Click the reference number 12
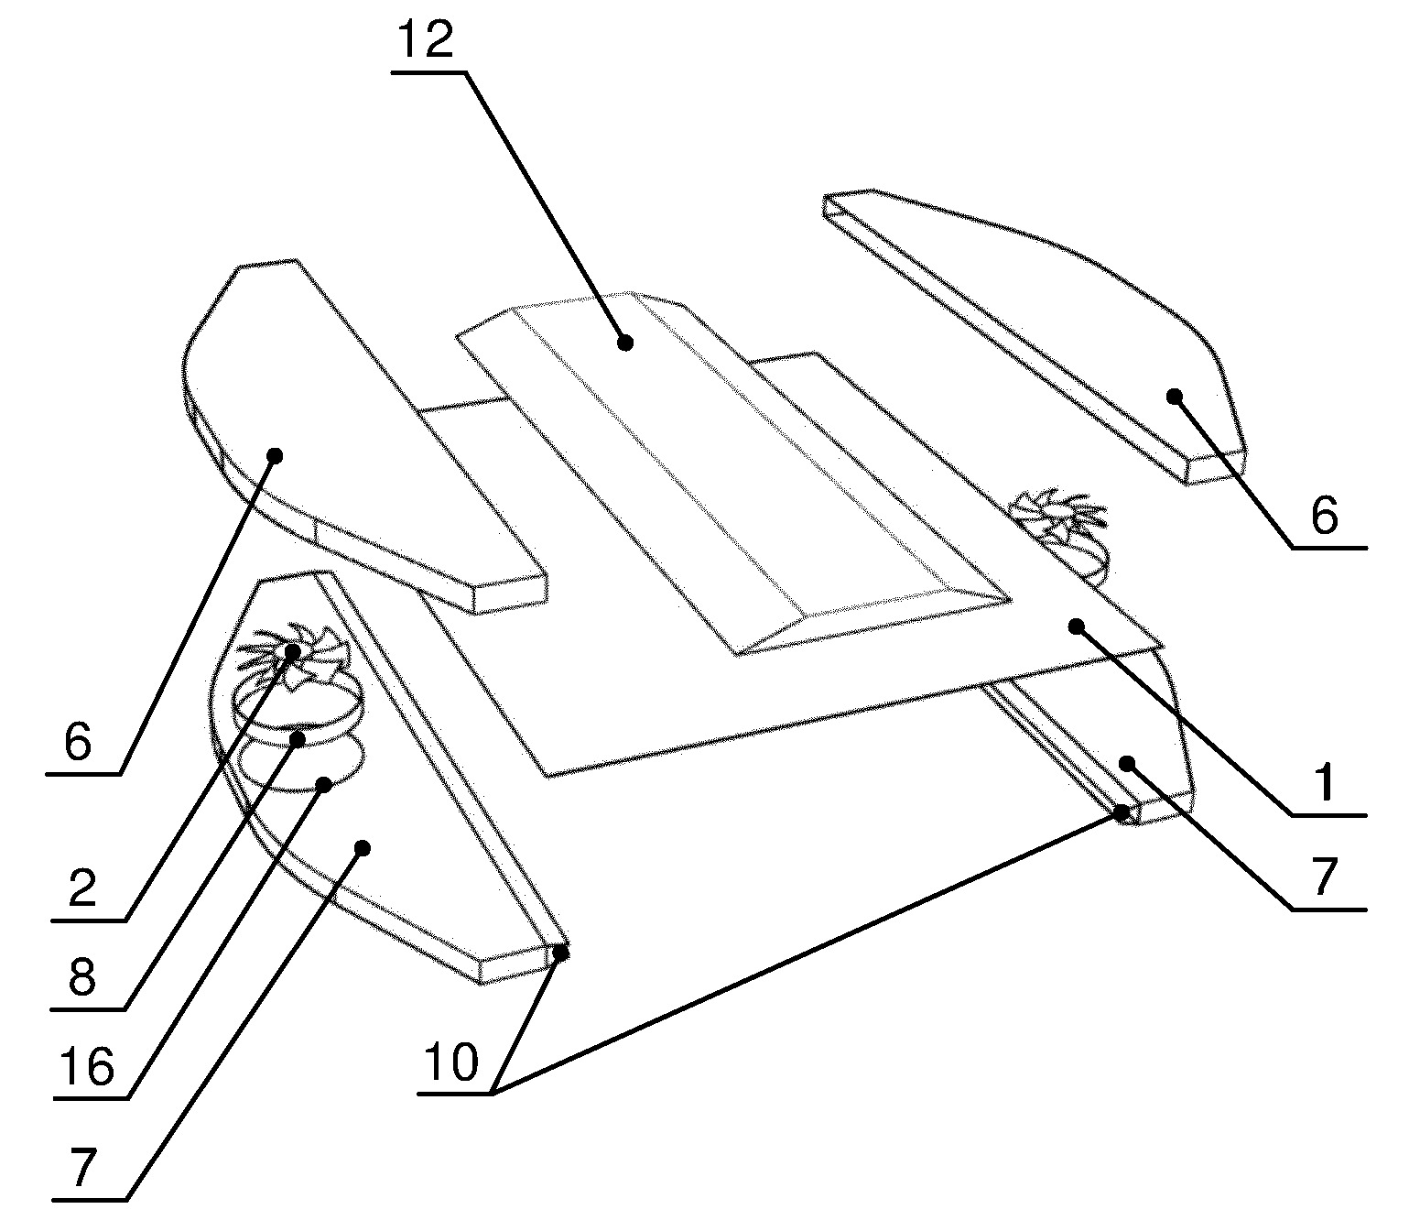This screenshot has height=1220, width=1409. (x=426, y=38)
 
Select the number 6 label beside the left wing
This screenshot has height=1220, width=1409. (x=78, y=742)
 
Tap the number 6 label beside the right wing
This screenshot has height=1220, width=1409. (x=1325, y=516)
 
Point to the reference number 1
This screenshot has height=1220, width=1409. (x=1325, y=783)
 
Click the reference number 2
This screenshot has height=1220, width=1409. (x=82, y=888)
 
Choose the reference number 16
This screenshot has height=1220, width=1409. (x=87, y=1066)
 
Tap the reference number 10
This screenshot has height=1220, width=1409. (x=450, y=1062)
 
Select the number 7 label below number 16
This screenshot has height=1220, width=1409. (x=82, y=1168)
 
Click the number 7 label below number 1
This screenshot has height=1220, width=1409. (x=1325, y=877)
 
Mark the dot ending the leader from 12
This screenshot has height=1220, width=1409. (x=624, y=343)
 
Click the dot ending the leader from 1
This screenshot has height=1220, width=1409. (x=1076, y=626)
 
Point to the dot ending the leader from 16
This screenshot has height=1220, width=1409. (x=324, y=785)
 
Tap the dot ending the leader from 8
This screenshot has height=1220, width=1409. (x=298, y=738)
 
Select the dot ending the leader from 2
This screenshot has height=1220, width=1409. (x=292, y=652)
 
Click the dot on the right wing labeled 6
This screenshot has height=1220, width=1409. (x=1174, y=396)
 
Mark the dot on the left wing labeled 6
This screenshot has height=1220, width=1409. (x=275, y=455)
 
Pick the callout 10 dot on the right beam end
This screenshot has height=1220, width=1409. (x=1122, y=812)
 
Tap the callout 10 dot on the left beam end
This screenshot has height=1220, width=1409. (x=560, y=953)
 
